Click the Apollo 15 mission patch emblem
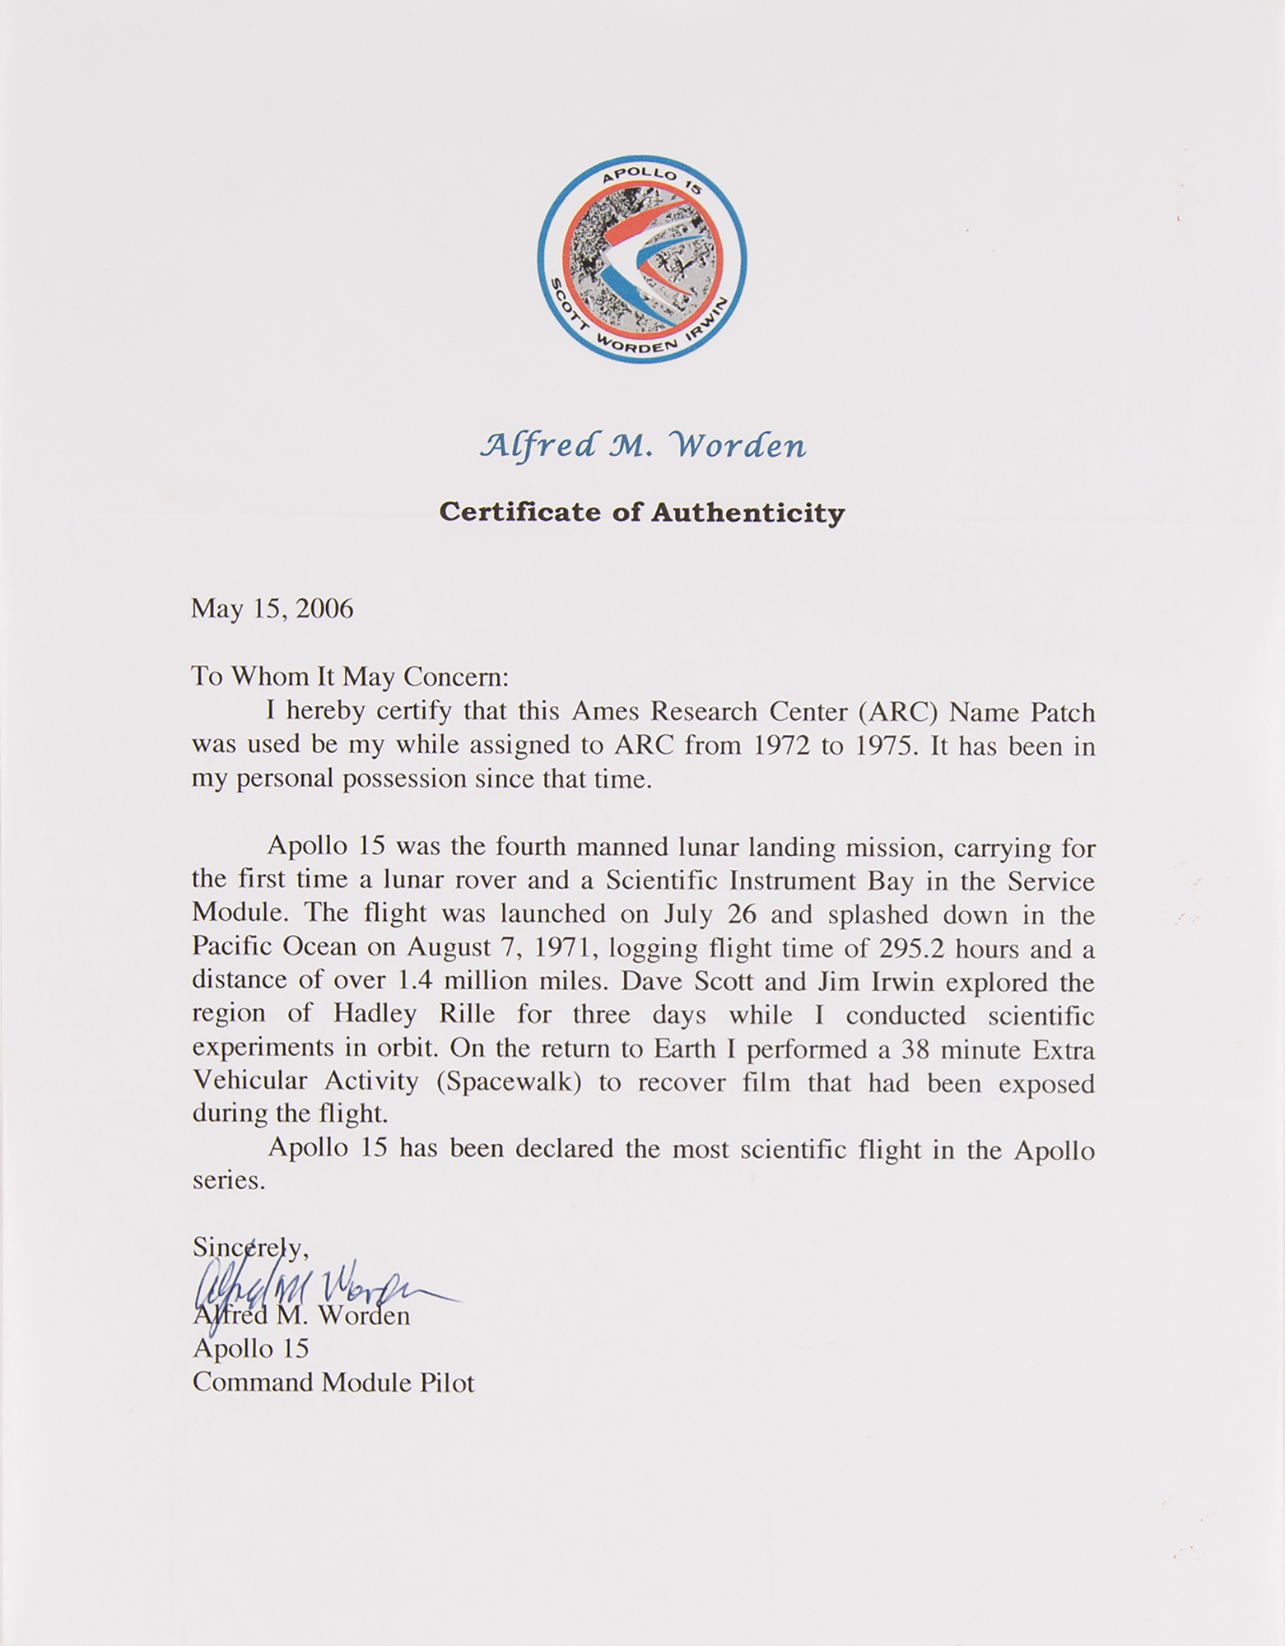point(642,258)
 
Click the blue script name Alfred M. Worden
point(642,446)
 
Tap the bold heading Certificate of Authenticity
point(642,513)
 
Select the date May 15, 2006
point(272,609)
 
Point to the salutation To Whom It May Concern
point(351,677)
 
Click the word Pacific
point(233,948)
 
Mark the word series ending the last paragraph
point(228,1182)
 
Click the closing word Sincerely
point(250,1248)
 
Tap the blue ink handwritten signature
point(321,1281)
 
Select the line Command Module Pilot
point(333,1383)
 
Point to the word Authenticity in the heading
point(748,513)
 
